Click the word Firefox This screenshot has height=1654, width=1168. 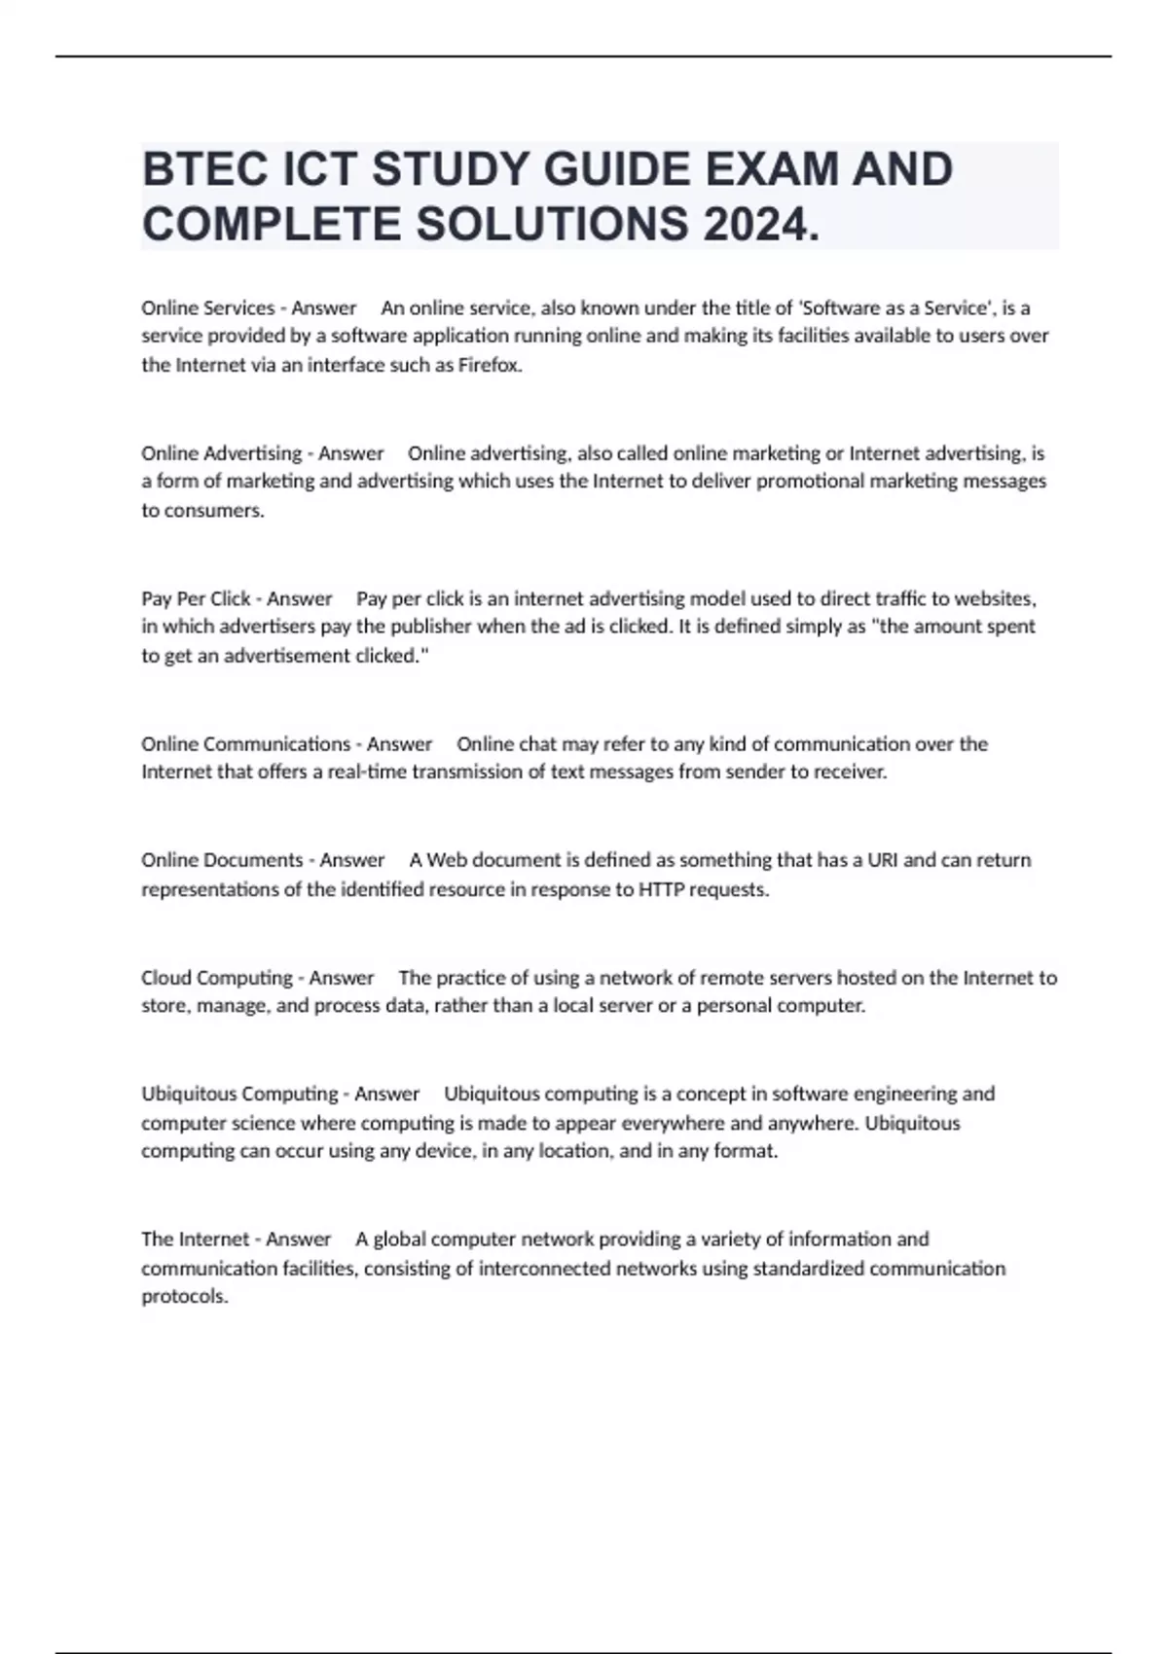490,366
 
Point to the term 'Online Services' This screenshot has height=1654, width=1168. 207,308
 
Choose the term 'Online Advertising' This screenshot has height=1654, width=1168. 221,453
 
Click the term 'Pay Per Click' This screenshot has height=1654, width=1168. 196,598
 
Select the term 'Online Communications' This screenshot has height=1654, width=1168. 245,744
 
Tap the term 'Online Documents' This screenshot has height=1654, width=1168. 222,860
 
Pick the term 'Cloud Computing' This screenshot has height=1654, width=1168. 216,978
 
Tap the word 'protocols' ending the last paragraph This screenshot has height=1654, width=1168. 184,1297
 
